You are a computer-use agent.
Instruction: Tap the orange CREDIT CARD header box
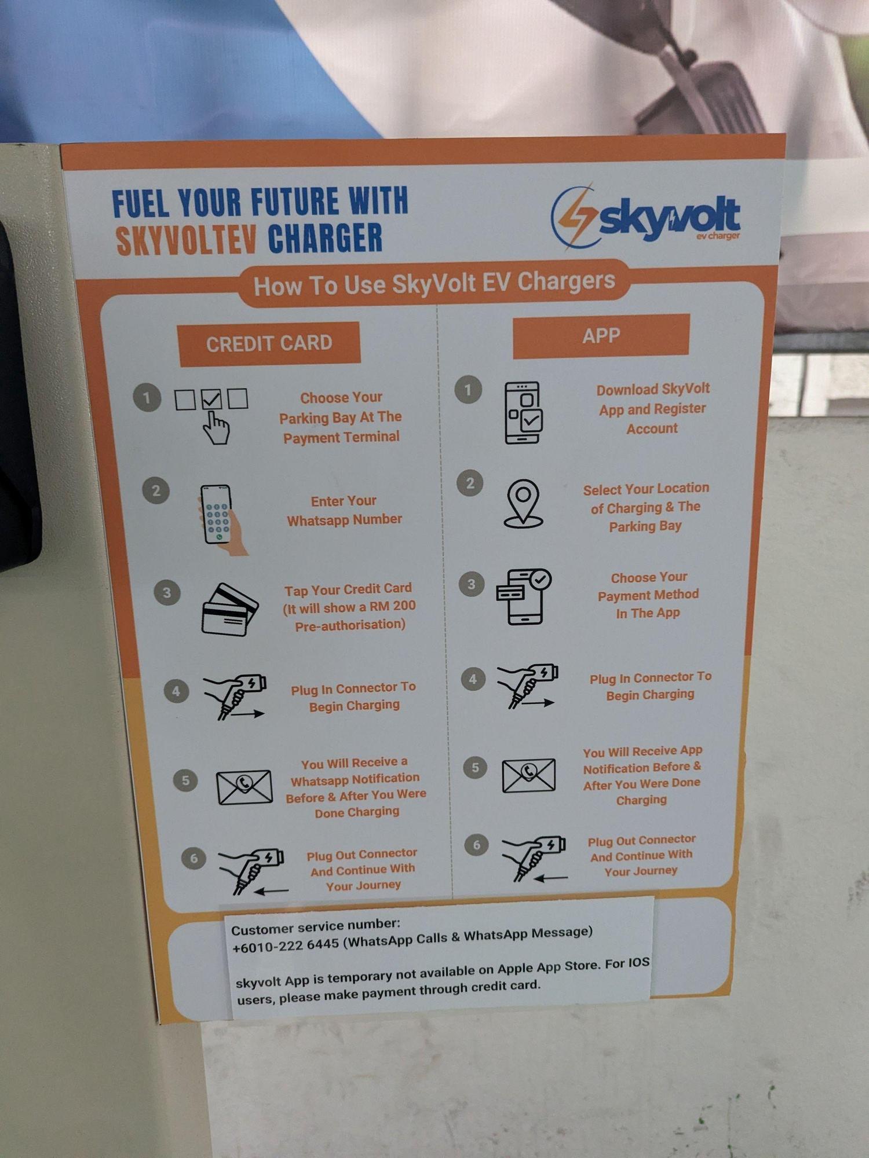pos(269,344)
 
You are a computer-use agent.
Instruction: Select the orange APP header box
pos(601,336)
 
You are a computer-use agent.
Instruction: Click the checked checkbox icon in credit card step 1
pos(211,399)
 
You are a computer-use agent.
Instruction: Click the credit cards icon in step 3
pos(229,609)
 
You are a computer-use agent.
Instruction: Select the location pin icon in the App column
pos(523,503)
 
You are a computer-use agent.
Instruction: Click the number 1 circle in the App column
pos(468,390)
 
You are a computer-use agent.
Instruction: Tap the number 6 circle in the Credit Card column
pos(193,858)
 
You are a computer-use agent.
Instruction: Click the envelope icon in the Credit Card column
pos(244,787)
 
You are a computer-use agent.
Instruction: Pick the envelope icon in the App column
pos(528,775)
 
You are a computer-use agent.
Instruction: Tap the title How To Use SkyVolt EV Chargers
pos(434,284)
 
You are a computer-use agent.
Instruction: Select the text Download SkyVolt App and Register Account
pos(653,409)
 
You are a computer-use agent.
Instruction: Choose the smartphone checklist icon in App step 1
pos(524,412)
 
